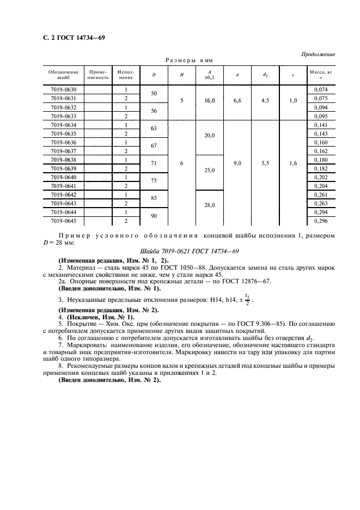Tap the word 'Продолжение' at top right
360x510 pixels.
point(317,54)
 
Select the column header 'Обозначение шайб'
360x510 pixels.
point(63,75)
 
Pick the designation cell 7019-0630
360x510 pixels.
point(63,89)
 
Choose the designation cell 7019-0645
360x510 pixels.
point(63,221)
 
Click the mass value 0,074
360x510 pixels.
point(321,89)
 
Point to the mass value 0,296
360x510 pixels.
point(321,221)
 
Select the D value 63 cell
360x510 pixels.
point(153,129)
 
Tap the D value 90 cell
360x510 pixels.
point(153,217)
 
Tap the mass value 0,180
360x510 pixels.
point(321,160)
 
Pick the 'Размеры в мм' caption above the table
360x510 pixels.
point(189,61)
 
